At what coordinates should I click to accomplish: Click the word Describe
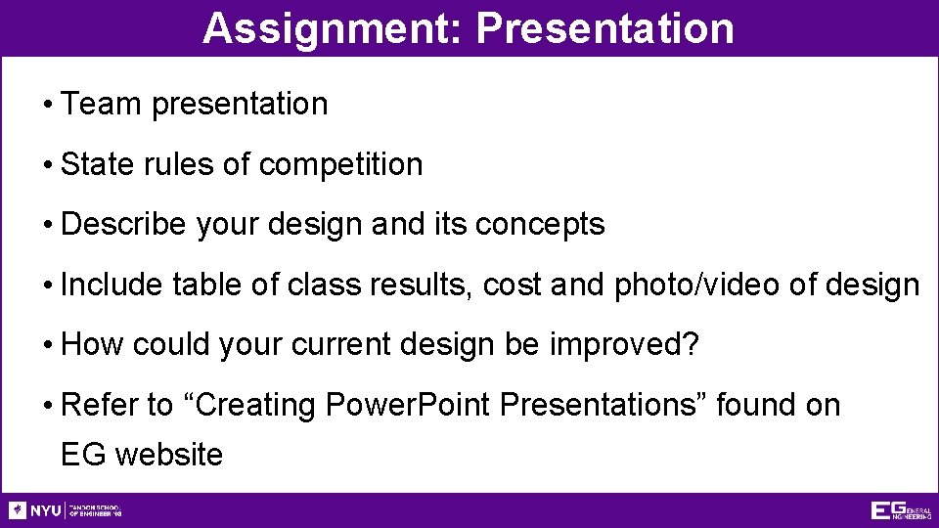pyautogui.click(x=123, y=225)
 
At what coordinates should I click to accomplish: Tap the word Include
pyautogui.click(x=112, y=286)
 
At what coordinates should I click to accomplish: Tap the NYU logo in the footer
pyautogui.click(x=35, y=510)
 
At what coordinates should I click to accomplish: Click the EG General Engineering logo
pyautogui.click(x=900, y=510)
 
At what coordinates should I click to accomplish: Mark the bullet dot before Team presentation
pyautogui.click(x=47, y=105)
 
